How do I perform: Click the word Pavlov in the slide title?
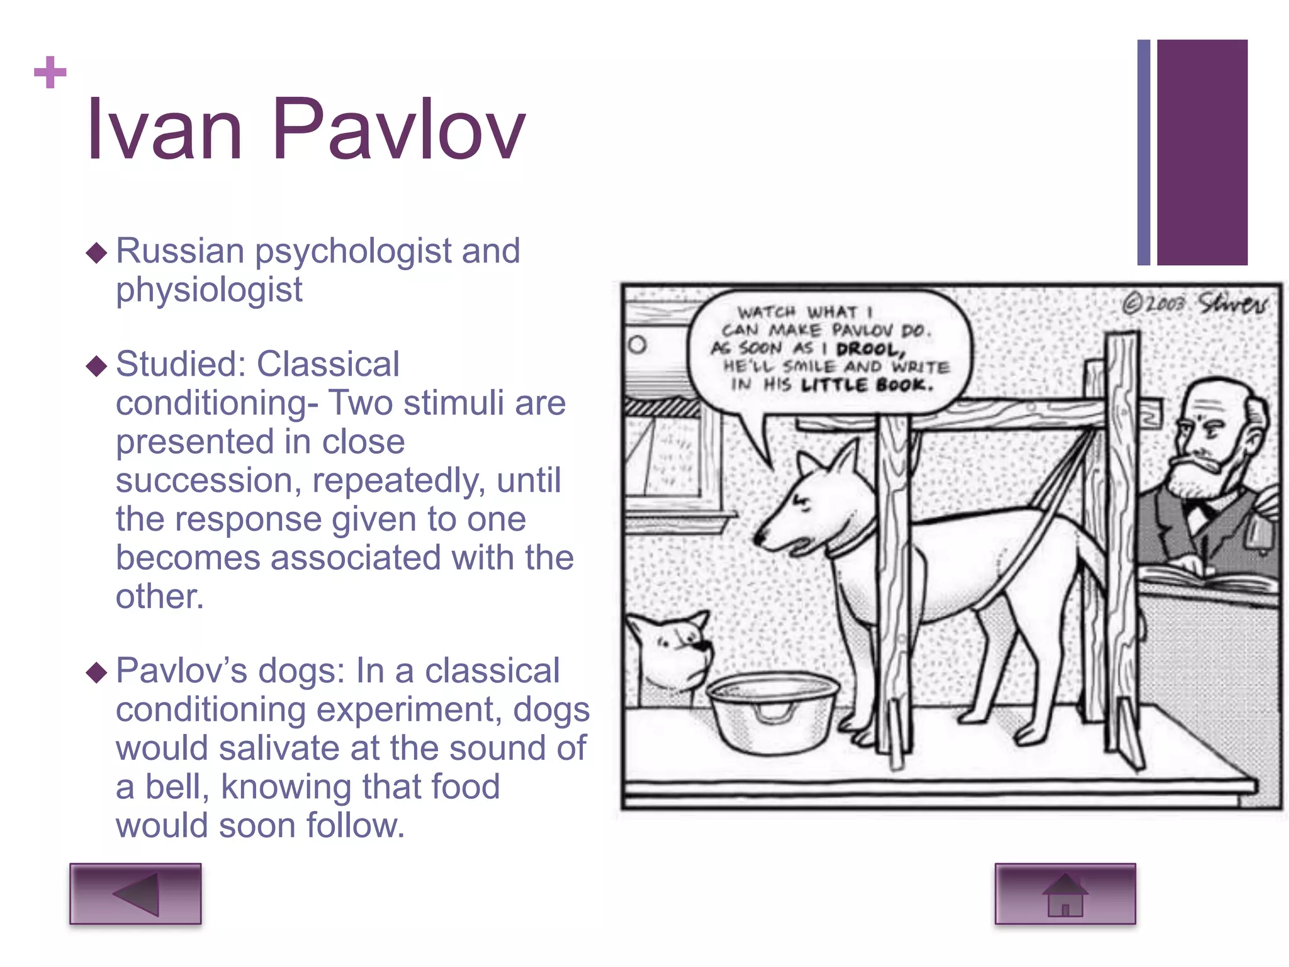[x=398, y=130]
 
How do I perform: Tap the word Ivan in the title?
[x=165, y=130]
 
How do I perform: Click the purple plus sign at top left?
[x=50, y=72]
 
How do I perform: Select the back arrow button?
[x=135, y=893]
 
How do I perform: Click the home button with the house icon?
[x=1065, y=893]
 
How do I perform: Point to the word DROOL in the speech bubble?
[x=870, y=349]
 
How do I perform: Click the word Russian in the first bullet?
[x=180, y=251]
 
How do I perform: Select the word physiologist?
[x=209, y=290]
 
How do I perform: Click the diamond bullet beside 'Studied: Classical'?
[x=97, y=365]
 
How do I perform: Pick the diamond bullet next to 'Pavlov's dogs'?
[x=97, y=672]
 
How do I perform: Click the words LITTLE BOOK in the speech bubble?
[x=867, y=385]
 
